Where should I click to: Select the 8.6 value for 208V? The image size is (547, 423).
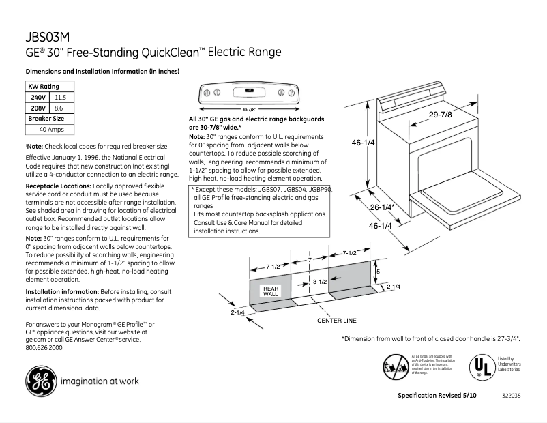tap(59, 108)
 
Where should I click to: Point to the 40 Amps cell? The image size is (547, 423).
tap(53, 129)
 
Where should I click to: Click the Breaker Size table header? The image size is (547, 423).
tap(46, 118)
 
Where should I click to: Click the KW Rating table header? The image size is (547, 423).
tap(44, 87)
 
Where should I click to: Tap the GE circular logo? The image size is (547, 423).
tap(41, 381)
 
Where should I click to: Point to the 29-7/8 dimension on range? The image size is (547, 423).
tap(440, 114)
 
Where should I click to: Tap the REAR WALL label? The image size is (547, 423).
tap(271, 291)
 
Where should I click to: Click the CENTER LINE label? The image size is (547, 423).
tap(336, 320)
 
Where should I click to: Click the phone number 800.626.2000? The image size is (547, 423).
tap(44, 347)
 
